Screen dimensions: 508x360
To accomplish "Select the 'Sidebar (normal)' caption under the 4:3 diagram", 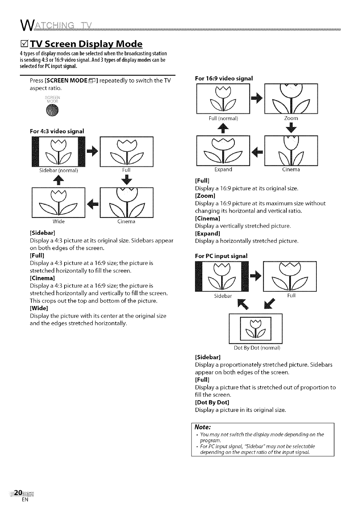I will (59, 171).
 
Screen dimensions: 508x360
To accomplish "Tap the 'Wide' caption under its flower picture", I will (59, 222).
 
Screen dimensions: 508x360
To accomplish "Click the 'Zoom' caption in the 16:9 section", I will (291, 119).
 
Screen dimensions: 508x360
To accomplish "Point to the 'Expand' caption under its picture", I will (223, 170).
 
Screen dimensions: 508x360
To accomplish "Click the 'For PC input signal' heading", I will (221, 256).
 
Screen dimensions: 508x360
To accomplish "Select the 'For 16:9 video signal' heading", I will (223, 79).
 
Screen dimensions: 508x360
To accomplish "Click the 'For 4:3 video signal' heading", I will (57, 132).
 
